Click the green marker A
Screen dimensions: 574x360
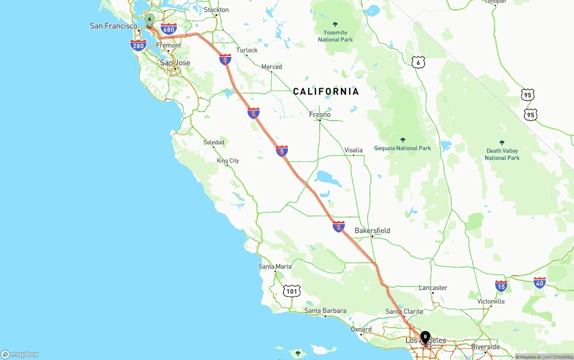[149, 19]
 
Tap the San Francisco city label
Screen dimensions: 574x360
[113, 26]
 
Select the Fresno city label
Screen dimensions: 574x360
[320, 115]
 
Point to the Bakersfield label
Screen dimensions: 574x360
[372, 231]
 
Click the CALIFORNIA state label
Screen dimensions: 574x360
[326, 92]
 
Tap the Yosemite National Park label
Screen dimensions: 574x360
[335, 36]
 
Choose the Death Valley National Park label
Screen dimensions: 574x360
[502, 154]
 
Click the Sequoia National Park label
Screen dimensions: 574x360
[403, 148]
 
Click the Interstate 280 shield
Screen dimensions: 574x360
[138, 45]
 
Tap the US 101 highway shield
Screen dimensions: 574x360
[292, 291]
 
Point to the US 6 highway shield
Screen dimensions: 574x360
[418, 63]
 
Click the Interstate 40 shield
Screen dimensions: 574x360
[539, 283]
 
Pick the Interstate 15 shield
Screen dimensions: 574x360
[501, 286]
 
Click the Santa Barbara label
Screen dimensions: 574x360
[325, 311]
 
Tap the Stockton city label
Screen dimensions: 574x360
[216, 10]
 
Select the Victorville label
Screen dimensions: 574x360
[491, 301]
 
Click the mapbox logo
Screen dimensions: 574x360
[20, 354]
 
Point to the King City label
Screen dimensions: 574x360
[228, 160]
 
